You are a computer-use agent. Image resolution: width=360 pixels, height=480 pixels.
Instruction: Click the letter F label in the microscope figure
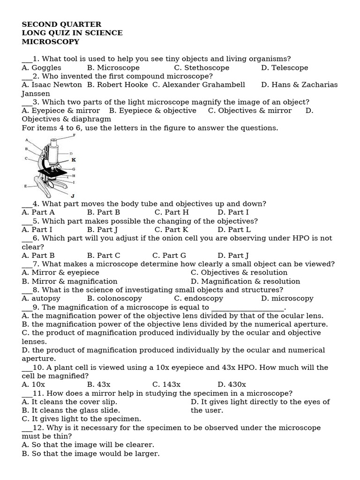coord(74,135)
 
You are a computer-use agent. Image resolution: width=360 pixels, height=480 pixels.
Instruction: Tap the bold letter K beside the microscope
coord(74,160)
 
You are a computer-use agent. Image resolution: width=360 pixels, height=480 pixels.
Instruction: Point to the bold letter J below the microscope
coord(72,195)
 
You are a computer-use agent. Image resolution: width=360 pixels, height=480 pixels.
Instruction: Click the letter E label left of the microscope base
coord(25,186)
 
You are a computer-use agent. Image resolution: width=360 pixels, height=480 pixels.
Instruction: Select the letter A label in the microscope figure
coord(27,140)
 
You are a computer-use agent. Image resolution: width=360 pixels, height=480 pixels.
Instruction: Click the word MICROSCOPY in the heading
coord(51,42)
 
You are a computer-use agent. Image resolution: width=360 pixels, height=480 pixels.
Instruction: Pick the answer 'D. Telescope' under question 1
coord(285,67)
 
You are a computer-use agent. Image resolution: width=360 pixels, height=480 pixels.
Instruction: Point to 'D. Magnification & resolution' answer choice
coord(246,281)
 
